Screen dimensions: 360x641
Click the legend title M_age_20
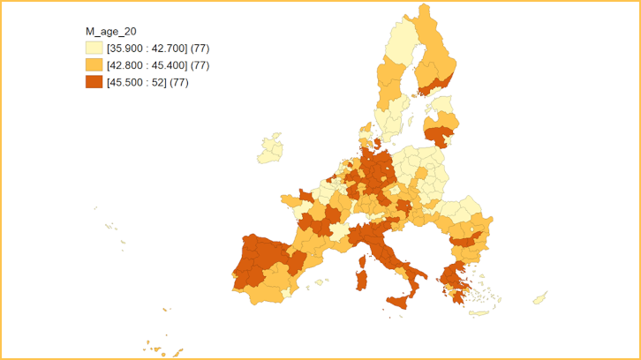105,32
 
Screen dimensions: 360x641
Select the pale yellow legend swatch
93,48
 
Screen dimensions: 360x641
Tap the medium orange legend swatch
93,65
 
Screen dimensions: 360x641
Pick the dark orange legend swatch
93,83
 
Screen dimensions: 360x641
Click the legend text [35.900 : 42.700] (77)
157,48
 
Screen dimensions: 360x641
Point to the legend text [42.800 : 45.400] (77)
157,65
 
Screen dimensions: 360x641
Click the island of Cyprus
539,298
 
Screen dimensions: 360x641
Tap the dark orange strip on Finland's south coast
435,86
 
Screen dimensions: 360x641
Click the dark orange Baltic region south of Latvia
437,136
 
